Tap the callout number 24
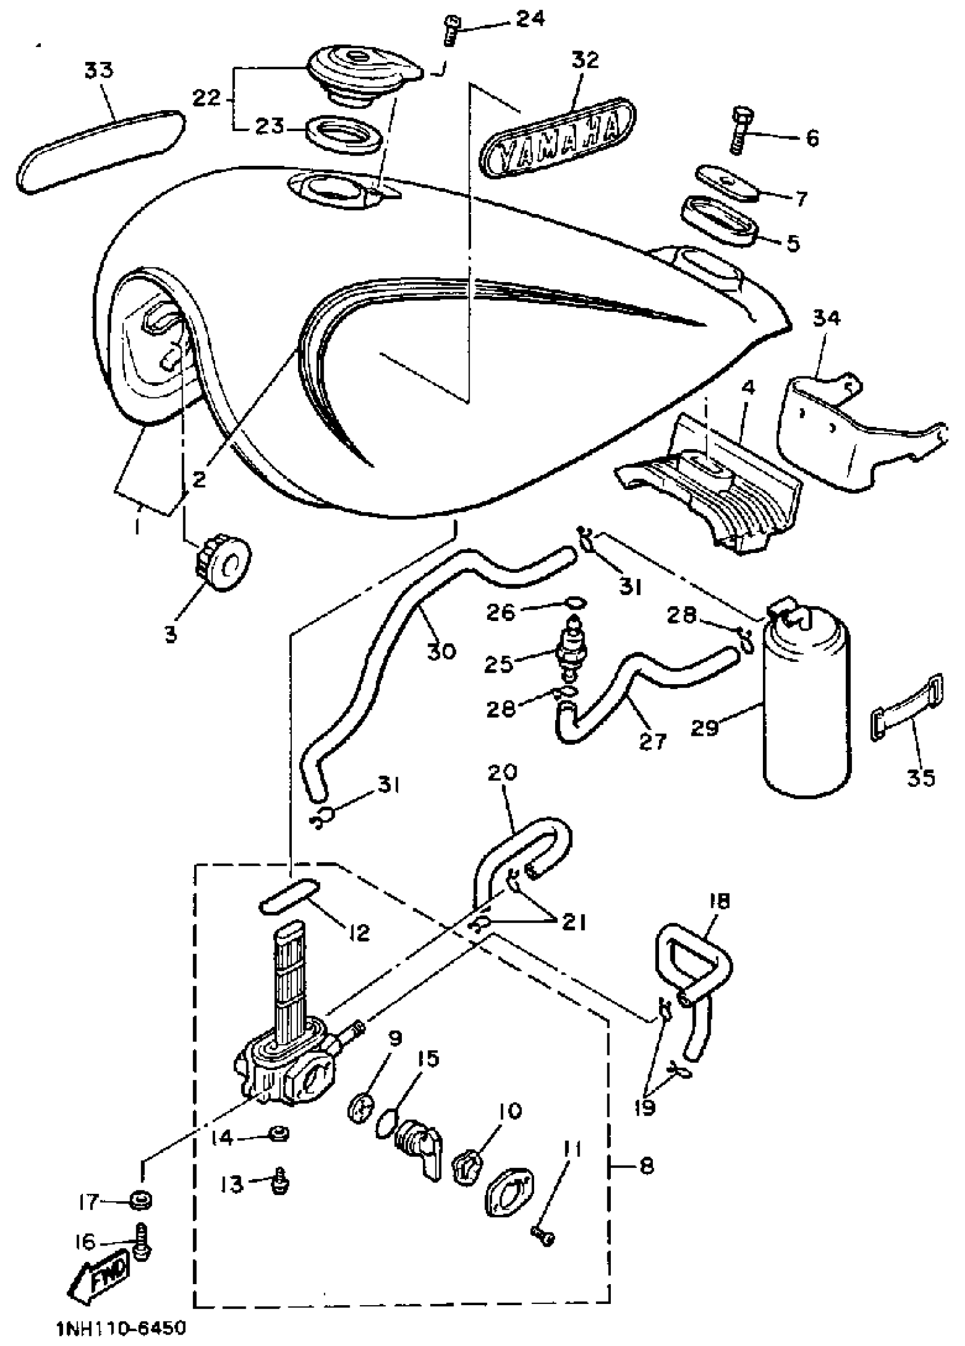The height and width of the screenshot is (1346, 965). (x=529, y=18)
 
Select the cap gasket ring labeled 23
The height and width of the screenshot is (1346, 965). (x=343, y=132)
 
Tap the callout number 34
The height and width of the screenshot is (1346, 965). (x=826, y=318)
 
